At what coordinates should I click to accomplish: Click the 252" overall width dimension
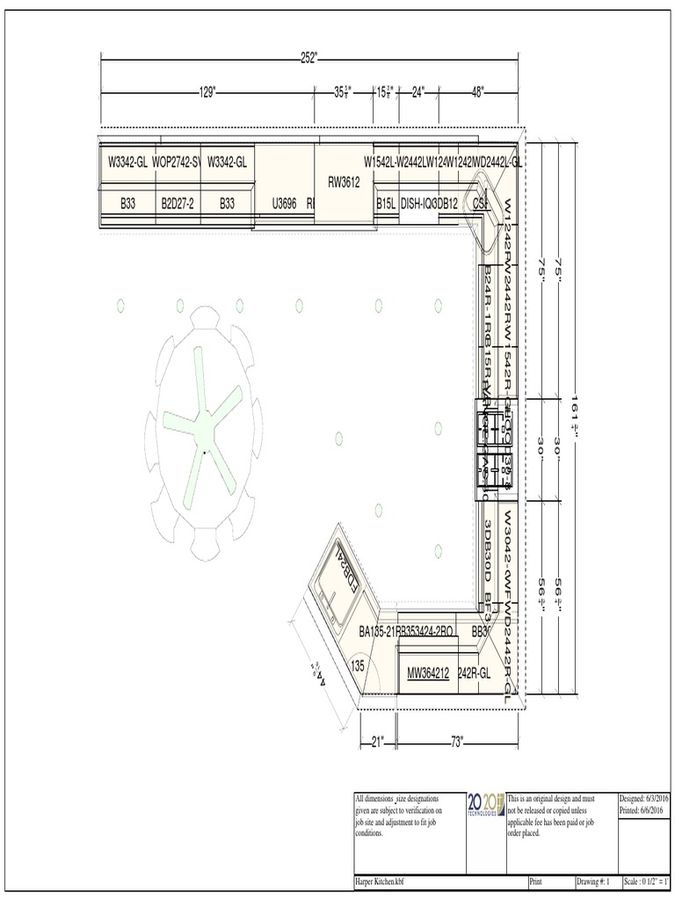coord(308,58)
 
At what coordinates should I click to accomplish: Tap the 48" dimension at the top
coord(478,91)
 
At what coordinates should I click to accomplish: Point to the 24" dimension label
coord(418,91)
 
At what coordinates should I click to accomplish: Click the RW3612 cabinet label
coord(344,183)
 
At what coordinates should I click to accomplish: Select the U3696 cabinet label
coord(284,203)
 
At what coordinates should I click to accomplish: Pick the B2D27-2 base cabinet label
coord(177,203)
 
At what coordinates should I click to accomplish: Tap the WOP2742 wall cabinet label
coord(176,162)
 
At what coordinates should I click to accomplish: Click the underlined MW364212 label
coord(428,673)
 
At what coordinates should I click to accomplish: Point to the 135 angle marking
coord(357,666)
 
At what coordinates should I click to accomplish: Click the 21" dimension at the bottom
coord(378,742)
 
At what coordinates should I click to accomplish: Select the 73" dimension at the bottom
coord(456,742)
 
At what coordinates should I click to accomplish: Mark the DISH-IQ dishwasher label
coord(417,203)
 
